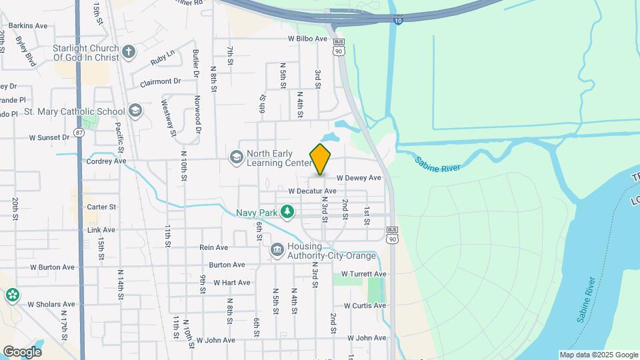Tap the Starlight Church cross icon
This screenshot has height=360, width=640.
[129, 51]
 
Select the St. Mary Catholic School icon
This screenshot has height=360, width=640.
[135, 111]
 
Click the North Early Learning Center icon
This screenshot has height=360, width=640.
[235, 157]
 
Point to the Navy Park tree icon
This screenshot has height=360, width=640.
[287, 212]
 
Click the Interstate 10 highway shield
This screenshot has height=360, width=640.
[398, 21]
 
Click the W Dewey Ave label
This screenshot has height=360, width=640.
[359, 178]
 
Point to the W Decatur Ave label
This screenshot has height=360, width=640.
[312, 191]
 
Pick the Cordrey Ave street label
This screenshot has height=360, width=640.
[106, 161]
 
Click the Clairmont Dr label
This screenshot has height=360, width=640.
[161, 82]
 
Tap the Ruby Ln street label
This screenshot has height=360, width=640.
[161, 59]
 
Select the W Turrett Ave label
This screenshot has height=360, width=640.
[363, 274]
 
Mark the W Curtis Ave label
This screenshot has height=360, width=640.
[365, 306]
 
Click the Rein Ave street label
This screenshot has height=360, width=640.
[213, 247]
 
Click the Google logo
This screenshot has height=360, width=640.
[22, 351]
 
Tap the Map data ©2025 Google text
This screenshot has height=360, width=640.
[599, 355]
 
